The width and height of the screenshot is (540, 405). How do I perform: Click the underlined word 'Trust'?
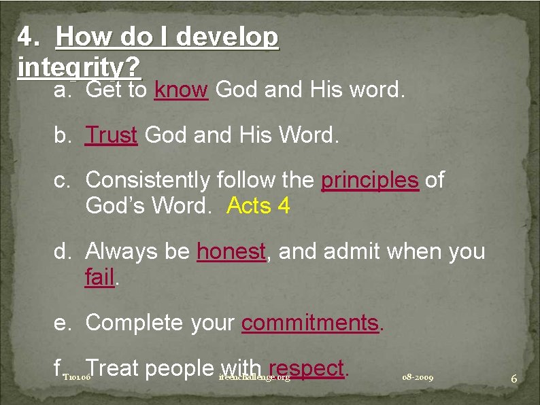pyautogui.click(x=112, y=135)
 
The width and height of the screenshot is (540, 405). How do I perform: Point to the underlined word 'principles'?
pyautogui.click(x=370, y=180)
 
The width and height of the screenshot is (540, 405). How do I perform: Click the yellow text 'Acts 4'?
pyautogui.click(x=258, y=205)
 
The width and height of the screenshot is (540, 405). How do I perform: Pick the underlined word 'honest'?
pyautogui.click(x=231, y=252)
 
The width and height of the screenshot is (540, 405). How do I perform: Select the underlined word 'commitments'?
pyautogui.click(x=310, y=322)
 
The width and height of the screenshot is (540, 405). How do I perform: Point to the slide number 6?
pyautogui.click(x=514, y=378)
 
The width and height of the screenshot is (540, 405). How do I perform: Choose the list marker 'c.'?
pyautogui.click(x=63, y=180)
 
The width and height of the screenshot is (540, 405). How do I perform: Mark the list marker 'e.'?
pyautogui.click(x=63, y=322)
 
